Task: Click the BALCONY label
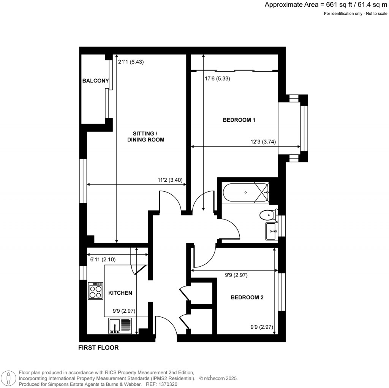click(x=96, y=81)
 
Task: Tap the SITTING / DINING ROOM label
click(x=149, y=137)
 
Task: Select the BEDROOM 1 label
click(x=239, y=120)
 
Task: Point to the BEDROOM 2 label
click(x=247, y=297)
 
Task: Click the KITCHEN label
click(x=120, y=293)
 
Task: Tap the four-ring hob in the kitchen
click(x=96, y=291)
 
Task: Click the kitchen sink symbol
click(x=120, y=326)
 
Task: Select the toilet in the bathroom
click(x=268, y=216)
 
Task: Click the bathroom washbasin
click(x=271, y=231)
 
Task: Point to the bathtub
click(x=245, y=192)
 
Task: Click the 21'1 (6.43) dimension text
click(x=131, y=62)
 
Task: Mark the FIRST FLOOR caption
click(x=98, y=347)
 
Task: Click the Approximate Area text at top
click(x=326, y=5)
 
